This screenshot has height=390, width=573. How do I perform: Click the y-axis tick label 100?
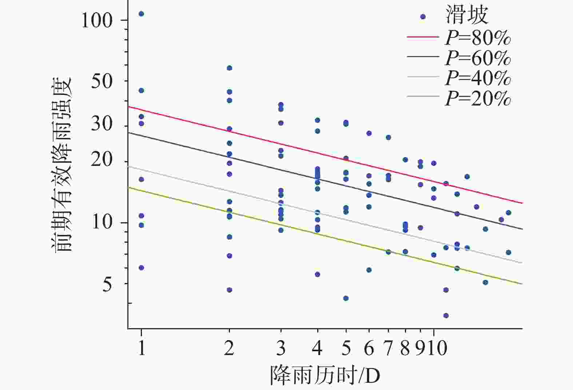point(97,20)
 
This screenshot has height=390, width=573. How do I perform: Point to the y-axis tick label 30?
point(102,124)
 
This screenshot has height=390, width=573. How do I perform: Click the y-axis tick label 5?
point(107,284)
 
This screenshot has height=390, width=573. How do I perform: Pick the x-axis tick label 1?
point(142,348)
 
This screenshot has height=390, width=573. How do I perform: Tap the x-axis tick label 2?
point(229,348)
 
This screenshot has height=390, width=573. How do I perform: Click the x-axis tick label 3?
point(281,348)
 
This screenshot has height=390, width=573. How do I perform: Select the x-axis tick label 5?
point(346,348)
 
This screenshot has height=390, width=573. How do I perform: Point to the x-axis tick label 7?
point(389,348)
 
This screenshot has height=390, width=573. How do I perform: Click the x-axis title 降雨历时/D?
point(325,375)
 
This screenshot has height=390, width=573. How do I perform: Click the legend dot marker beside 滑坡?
point(423,17)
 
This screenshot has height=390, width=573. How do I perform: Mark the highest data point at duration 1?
point(142,14)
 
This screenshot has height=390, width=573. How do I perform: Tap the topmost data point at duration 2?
point(230,68)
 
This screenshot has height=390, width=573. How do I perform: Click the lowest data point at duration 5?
point(346,298)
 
